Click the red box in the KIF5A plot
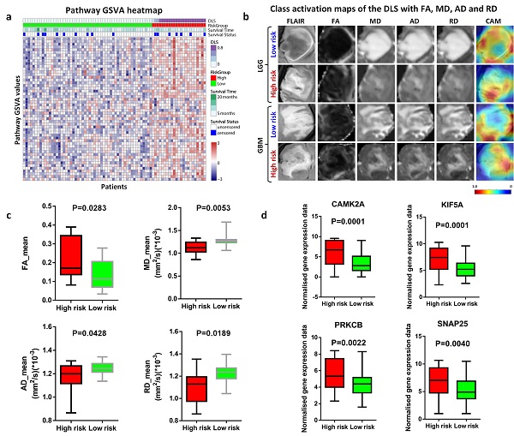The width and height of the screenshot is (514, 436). pyautogui.click(x=438, y=258)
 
